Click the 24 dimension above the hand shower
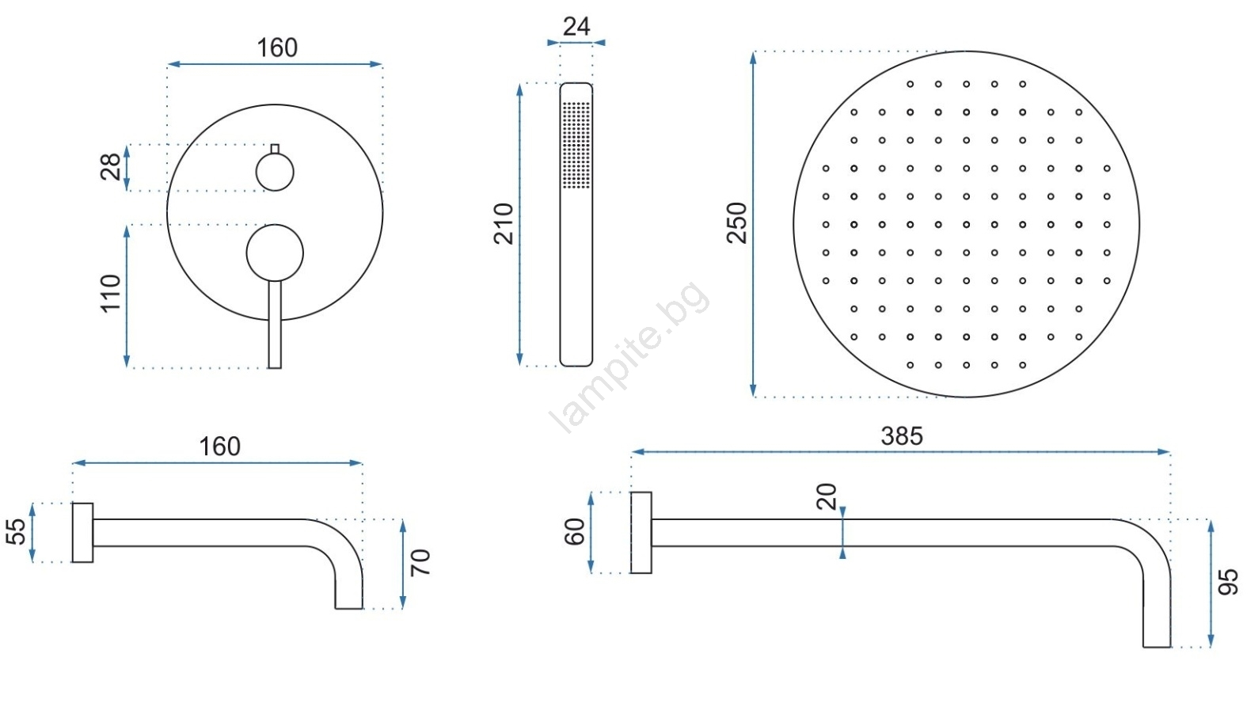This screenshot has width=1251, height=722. (x=576, y=26)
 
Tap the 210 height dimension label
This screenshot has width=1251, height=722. (x=504, y=224)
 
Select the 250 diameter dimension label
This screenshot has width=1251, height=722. (x=736, y=222)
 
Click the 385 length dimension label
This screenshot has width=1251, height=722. (x=902, y=436)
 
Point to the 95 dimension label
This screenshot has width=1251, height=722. (x=1228, y=583)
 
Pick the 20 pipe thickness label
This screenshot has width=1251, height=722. (x=827, y=496)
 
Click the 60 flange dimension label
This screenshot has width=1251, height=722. (x=574, y=531)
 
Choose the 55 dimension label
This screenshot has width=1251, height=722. (x=16, y=531)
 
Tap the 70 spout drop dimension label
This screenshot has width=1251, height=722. (x=420, y=562)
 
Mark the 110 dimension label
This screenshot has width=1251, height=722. (x=111, y=294)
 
